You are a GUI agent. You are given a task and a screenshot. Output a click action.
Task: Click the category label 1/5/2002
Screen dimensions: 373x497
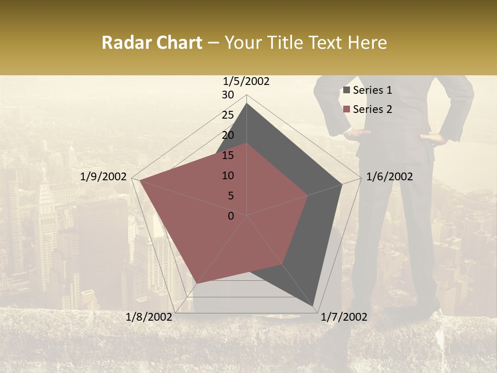click(x=246, y=81)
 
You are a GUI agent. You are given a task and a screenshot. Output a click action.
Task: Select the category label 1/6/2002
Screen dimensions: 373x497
click(x=389, y=177)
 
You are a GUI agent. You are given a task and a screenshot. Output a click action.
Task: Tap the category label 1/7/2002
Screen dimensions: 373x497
click(x=344, y=317)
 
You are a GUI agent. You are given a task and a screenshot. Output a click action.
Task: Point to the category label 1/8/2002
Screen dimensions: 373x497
click(x=149, y=317)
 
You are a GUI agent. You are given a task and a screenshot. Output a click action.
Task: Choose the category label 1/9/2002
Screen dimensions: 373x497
click(x=104, y=177)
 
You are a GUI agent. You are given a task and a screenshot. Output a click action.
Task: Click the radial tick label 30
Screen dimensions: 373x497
click(x=228, y=95)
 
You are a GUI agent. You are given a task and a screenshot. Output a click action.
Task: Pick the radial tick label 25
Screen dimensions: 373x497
click(x=228, y=115)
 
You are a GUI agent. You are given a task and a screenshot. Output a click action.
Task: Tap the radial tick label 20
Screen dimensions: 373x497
click(x=228, y=135)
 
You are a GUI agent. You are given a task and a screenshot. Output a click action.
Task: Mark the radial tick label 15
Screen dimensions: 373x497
click(x=228, y=155)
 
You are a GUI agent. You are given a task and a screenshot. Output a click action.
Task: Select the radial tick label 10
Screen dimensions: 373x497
click(x=228, y=176)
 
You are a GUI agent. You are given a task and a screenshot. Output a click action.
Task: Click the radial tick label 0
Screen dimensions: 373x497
click(x=231, y=216)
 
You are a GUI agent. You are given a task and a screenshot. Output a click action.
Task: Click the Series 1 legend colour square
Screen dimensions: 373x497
click(x=347, y=90)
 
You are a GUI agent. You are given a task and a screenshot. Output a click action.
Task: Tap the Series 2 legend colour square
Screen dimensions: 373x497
click(x=347, y=109)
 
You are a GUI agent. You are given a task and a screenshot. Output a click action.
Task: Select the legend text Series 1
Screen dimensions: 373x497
click(x=372, y=90)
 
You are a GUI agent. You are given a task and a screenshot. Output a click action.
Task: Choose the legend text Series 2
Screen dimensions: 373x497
click(x=372, y=109)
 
